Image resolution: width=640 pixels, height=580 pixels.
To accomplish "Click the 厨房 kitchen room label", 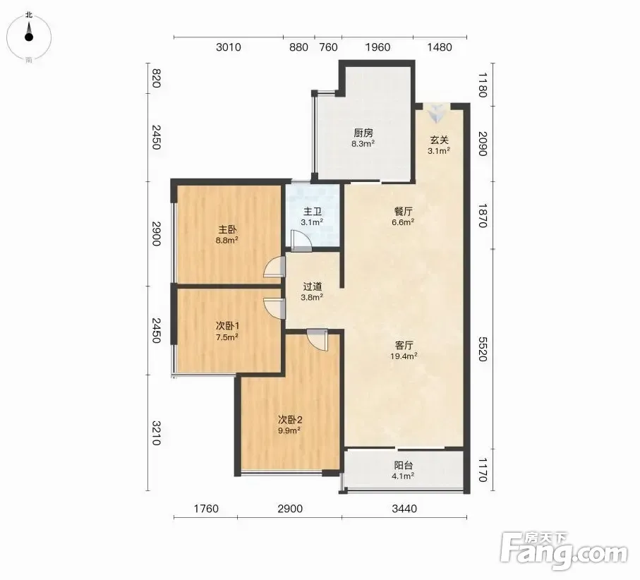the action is point(363,133).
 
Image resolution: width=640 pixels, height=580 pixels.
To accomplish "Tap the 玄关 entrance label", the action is point(439,140).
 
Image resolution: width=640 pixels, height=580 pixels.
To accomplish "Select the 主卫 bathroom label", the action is point(313,212).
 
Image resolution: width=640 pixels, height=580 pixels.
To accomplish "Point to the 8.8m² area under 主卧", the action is point(227,240).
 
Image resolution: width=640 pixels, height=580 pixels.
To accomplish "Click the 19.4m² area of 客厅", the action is point(404,356).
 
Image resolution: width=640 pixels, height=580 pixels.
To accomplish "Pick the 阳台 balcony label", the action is point(404,465).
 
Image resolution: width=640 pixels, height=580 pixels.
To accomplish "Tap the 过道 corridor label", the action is point(313,287).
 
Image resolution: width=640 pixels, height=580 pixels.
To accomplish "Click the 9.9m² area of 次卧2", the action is point(289,430).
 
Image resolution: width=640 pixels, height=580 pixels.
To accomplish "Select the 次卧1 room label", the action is point(227,326).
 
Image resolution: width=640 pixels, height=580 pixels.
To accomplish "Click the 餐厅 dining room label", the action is point(404,212).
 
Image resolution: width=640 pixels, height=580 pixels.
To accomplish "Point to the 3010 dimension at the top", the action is point(229,47).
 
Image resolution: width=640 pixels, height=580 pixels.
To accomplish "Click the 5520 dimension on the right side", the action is point(482,349).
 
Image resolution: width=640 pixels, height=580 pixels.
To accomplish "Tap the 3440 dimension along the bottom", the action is point(404,509).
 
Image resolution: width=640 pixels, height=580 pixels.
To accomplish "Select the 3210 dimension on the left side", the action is point(156,433).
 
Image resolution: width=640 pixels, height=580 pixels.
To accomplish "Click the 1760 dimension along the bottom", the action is point(206,509).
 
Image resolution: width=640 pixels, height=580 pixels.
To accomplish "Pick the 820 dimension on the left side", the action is point(156,79).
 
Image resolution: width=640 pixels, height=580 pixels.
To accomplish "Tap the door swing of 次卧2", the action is point(318,339).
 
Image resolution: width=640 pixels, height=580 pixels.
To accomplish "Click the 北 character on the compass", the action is point(28,15).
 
